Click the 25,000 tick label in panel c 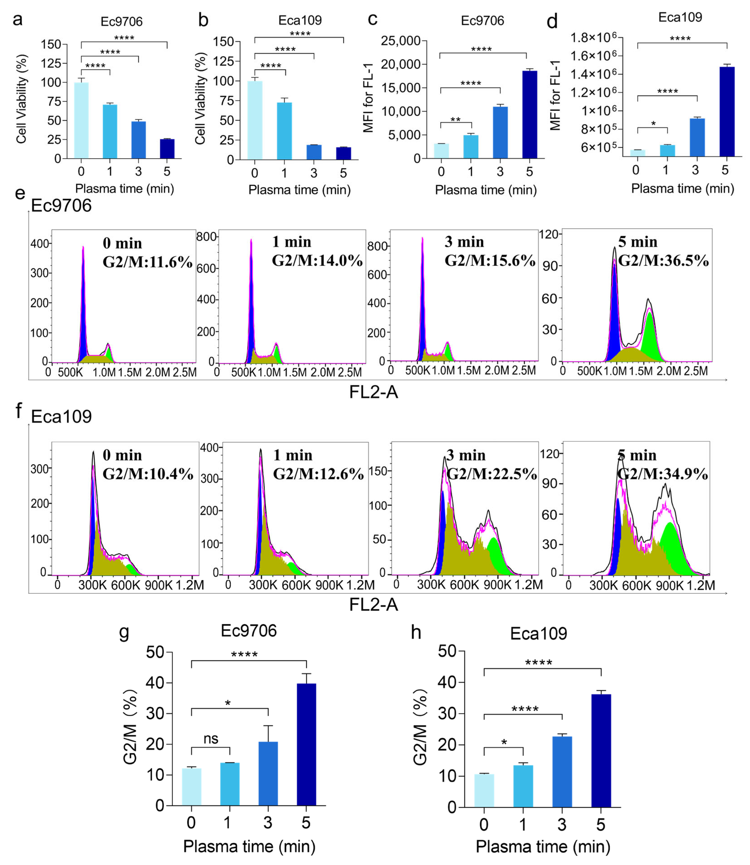coord(401,41)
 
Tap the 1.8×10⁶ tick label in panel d coord(593,38)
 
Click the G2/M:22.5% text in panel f coord(492,474)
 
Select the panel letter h coord(416,632)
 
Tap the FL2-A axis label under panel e coord(373,392)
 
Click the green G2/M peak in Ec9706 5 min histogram coord(649,337)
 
